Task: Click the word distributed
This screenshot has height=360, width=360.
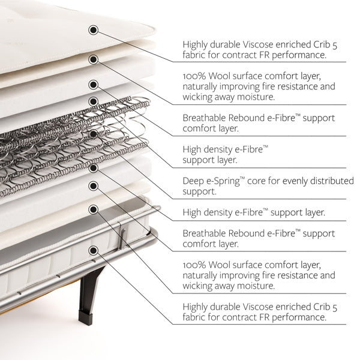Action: pos(332,181)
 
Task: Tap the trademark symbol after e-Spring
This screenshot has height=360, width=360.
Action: pos(242,178)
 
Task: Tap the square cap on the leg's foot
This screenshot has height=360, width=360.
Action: pos(86,317)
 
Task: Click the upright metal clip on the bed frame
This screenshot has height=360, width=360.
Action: pos(122,236)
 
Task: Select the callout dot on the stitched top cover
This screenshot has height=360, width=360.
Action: pos(93,30)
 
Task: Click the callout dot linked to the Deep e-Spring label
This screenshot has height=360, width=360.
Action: pos(93,134)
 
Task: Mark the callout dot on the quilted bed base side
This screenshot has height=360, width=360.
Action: pos(93,250)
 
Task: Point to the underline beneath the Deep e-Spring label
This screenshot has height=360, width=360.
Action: pos(259,199)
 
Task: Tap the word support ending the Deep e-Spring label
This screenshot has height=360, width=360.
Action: pos(199,192)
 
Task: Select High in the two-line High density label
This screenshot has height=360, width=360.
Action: pos(192,149)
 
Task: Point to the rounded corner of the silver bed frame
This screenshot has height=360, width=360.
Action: pos(154,232)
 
